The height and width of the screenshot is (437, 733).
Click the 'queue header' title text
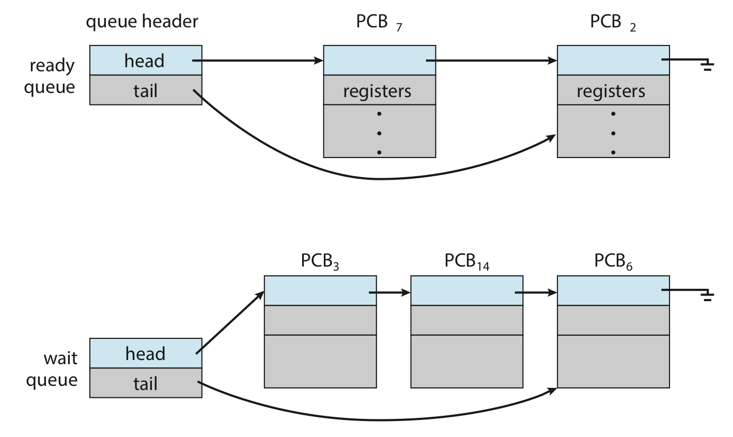click(x=142, y=22)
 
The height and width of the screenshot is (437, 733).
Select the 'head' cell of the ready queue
click(x=146, y=60)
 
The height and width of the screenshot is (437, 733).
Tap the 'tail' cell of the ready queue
click(x=146, y=90)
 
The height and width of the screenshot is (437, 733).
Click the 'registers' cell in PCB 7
click(x=380, y=90)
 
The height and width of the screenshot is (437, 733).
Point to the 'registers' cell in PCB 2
click(x=613, y=90)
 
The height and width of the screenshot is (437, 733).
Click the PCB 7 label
click(x=379, y=23)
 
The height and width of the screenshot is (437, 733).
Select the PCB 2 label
click(x=613, y=23)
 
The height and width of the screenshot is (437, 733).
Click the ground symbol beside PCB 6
click(x=707, y=295)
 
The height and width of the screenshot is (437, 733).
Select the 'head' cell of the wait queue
click(x=146, y=353)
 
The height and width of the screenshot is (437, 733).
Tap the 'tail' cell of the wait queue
click(x=146, y=383)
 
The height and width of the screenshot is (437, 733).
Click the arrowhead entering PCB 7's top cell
click(x=319, y=60)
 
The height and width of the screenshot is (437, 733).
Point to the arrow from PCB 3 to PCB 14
click(x=389, y=292)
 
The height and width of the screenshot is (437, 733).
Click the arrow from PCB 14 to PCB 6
click(x=536, y=292)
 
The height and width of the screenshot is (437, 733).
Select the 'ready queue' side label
click(x=50, y=77)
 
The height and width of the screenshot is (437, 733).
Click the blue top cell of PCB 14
click(x=466, y=291)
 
